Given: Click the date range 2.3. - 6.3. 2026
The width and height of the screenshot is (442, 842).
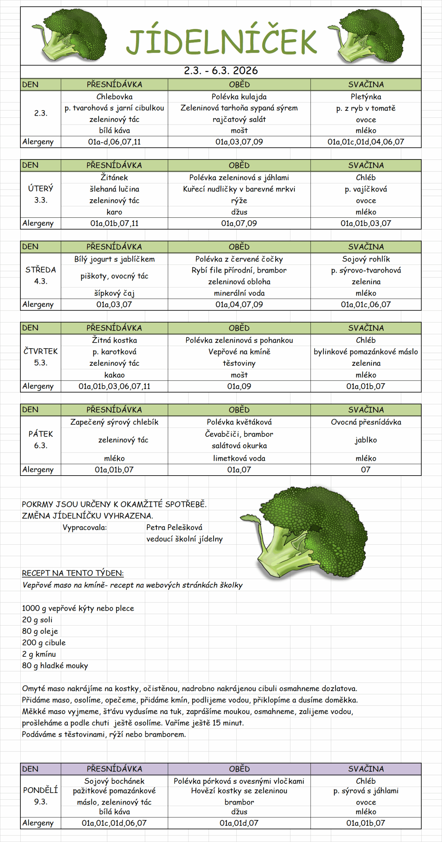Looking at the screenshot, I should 221,71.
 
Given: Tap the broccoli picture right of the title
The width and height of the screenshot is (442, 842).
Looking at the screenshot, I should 368,36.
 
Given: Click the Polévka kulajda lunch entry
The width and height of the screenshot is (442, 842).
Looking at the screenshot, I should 239,97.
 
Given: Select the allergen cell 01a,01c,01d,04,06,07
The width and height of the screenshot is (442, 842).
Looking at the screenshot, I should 366,142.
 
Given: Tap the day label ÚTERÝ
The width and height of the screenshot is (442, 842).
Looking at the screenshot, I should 40,188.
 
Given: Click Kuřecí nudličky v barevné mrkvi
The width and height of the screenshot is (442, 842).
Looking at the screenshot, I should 239,189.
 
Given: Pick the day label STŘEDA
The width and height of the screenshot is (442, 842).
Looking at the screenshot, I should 40,270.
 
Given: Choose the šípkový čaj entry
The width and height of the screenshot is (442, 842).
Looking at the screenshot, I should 114,293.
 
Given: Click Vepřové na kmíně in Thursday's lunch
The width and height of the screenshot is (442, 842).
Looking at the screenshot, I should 239,352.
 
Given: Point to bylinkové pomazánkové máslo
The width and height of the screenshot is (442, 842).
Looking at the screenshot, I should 366,352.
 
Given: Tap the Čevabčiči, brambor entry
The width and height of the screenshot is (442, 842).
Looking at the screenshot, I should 239,434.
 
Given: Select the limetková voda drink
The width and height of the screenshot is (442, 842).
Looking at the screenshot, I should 239,458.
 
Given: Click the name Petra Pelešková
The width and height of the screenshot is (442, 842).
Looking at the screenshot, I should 174,527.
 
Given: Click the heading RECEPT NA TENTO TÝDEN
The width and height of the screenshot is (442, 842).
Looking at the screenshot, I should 73,573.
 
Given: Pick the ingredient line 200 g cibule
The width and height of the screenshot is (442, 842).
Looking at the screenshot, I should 44,642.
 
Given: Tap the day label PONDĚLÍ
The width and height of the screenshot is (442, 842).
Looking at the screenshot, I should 40,790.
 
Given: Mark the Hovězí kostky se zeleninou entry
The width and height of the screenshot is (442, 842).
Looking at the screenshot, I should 239,791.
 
